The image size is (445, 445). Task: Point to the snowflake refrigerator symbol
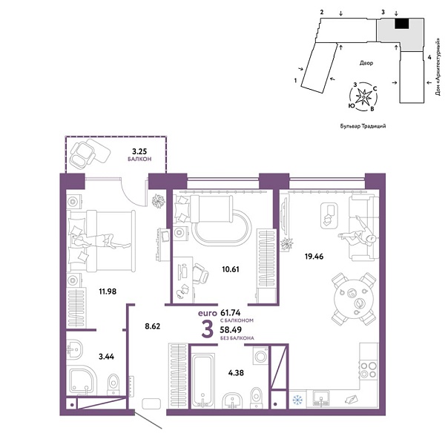point(296,400)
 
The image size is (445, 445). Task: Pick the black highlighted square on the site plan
point(401,24)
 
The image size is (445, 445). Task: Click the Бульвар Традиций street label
point(362,127)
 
